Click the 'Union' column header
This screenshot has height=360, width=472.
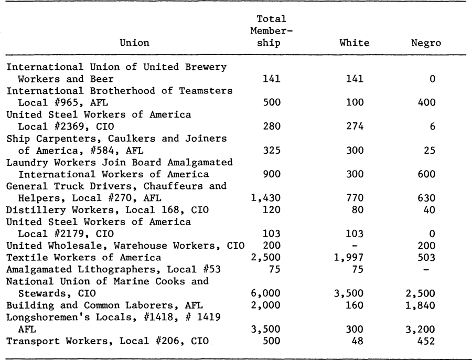pos(134,43)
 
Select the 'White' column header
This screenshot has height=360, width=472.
pos(355,43)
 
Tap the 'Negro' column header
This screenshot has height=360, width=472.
pos(426,43)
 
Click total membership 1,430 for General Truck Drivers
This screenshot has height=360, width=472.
pos(265,198)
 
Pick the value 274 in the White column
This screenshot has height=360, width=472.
pos(355,126)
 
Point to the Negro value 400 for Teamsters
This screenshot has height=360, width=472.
pos(426,102)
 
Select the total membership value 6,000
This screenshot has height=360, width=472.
pos(265,293)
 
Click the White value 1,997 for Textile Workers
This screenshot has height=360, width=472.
pos(349,258)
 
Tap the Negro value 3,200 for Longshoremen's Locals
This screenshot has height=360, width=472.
pos(420,329)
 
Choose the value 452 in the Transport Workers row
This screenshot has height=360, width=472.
pos(426,341)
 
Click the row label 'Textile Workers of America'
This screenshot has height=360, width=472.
pos(84,258)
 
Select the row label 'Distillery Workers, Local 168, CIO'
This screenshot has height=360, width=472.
pos(108,210)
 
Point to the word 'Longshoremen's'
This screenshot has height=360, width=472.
pos(45,317)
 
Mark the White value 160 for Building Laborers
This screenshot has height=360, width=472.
pos(355,305)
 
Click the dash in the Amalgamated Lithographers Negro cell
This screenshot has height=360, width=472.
pos(426,270)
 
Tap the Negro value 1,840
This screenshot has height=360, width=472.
pos(420,305)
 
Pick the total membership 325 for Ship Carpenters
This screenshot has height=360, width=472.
pos(272,150)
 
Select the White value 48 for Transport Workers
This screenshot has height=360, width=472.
pos(358,341)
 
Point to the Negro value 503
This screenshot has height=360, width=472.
pos(426,258)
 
